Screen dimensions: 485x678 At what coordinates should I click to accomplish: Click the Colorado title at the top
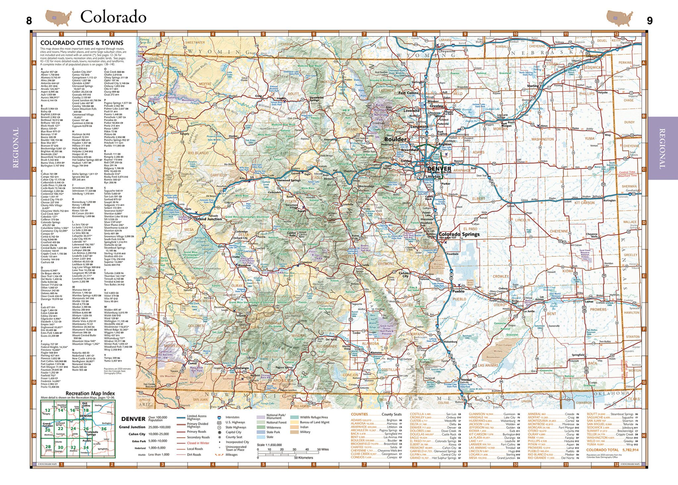coord(113,17)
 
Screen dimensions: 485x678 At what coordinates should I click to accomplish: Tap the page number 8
coord(29,21)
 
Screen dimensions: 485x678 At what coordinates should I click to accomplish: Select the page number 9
coord(650,21)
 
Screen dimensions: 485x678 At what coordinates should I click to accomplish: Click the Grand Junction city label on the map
coord(209,219)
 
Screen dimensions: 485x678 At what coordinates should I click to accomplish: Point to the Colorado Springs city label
coord(459,234)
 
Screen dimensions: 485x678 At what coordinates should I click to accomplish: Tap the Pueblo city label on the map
coord(459,291)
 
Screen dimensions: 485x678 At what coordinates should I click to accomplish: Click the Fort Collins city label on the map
coord(408,93)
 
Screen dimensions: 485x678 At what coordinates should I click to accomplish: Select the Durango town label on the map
coord(242,368)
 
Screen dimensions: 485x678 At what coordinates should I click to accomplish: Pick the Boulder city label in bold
coord(395,139)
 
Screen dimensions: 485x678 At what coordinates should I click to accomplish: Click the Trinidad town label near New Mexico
coord(466,380)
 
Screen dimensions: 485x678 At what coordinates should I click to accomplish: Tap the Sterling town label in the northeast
coord(533,86)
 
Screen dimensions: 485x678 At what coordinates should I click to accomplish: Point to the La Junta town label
coord(529,311)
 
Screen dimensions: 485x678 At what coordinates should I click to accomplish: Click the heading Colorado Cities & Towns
coord(82,43)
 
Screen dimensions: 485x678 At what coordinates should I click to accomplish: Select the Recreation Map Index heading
coord(90,393)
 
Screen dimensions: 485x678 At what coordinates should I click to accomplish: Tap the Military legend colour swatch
coord(294,432)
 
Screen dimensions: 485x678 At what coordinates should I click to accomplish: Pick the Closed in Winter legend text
coord(198,443)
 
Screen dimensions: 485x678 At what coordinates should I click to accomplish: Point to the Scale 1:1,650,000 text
coord(269,445)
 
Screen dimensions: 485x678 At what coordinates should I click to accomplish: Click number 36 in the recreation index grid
coord(104,429)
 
